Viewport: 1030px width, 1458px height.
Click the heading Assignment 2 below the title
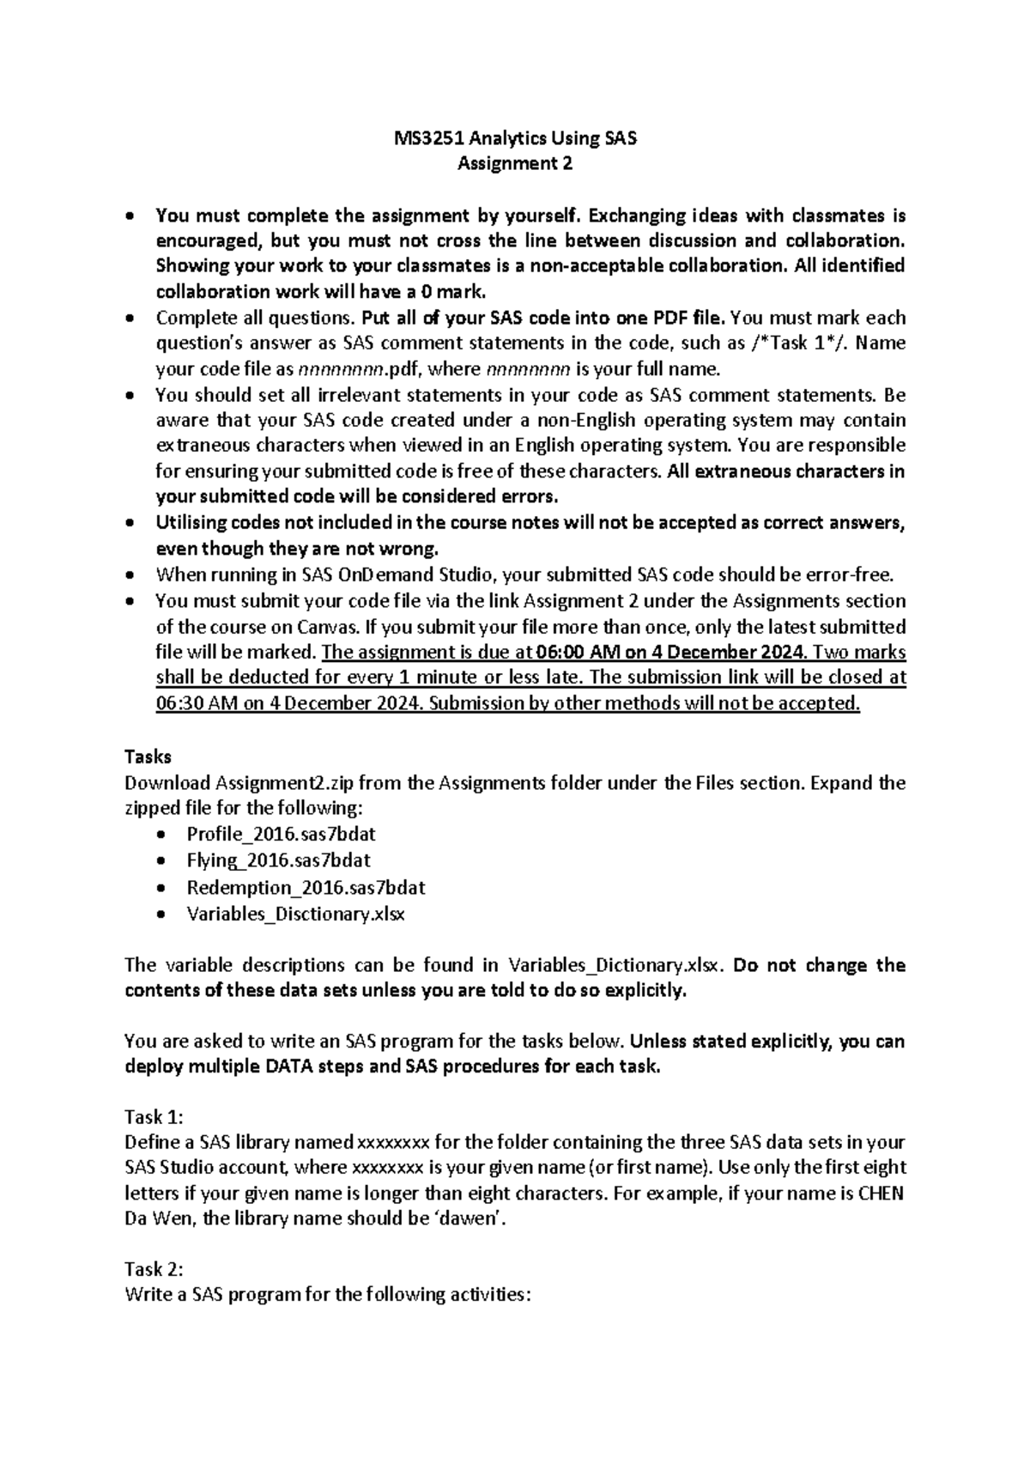tap(514, 163)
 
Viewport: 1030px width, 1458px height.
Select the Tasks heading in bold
tap(148, 756)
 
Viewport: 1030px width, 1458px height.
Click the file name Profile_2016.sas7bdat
tap(281, 834)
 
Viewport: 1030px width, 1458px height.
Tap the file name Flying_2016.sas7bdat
tap(278, 860)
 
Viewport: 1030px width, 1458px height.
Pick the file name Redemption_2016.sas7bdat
tap(306, 887)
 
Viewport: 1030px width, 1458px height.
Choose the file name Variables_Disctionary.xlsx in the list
tap(295, 913)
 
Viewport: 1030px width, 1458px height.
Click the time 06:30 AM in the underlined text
tap(197, 703)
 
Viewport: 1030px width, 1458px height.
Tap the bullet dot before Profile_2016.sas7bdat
tap(161, 835)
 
